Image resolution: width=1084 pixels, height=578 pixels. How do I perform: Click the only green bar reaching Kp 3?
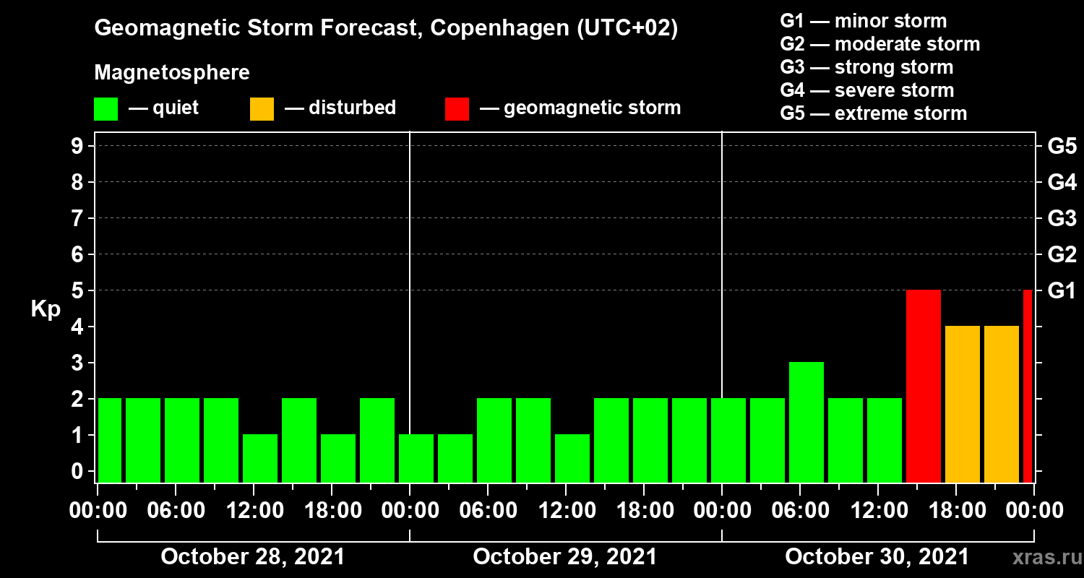806,422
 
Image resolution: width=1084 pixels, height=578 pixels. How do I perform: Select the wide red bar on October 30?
923,386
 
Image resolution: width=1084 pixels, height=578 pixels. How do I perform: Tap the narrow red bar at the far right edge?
1028,386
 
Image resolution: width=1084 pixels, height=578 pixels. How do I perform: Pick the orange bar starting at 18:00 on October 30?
962,404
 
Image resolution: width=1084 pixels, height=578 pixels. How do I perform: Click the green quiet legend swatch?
106,108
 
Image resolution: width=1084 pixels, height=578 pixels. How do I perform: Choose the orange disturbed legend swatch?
262,108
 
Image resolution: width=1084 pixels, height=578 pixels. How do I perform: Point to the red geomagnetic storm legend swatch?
457,108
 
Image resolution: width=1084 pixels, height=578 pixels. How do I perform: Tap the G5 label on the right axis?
1062,147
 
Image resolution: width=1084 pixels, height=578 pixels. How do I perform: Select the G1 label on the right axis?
1062,291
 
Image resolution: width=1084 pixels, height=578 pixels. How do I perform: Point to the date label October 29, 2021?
564,557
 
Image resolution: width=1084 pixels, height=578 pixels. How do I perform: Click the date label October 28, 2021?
252,557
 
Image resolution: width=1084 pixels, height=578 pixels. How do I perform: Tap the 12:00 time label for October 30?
877,511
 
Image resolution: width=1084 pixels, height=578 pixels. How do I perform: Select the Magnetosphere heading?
172,73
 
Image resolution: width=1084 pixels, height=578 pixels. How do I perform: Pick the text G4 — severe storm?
866,90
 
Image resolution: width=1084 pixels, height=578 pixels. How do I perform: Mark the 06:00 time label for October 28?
176,511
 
